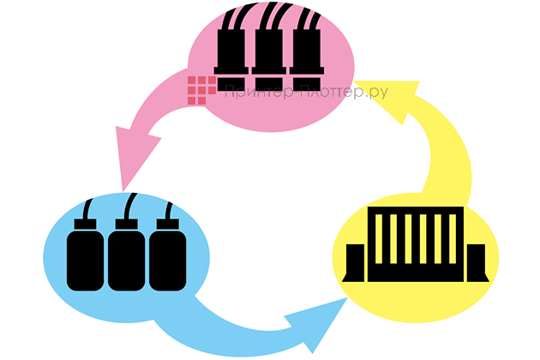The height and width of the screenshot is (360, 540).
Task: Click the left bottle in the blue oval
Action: [x=86, y=257]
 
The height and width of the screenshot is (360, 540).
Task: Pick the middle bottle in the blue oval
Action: [x=126, y=257]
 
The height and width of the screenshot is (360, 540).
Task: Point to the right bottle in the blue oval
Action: [x=166, y=257]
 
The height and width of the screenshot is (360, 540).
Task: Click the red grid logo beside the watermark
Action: [x=201, y=90]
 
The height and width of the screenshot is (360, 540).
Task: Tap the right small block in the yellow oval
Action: [x=477, y=262]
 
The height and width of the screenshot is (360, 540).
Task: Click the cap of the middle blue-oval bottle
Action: [x=127, y=225]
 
